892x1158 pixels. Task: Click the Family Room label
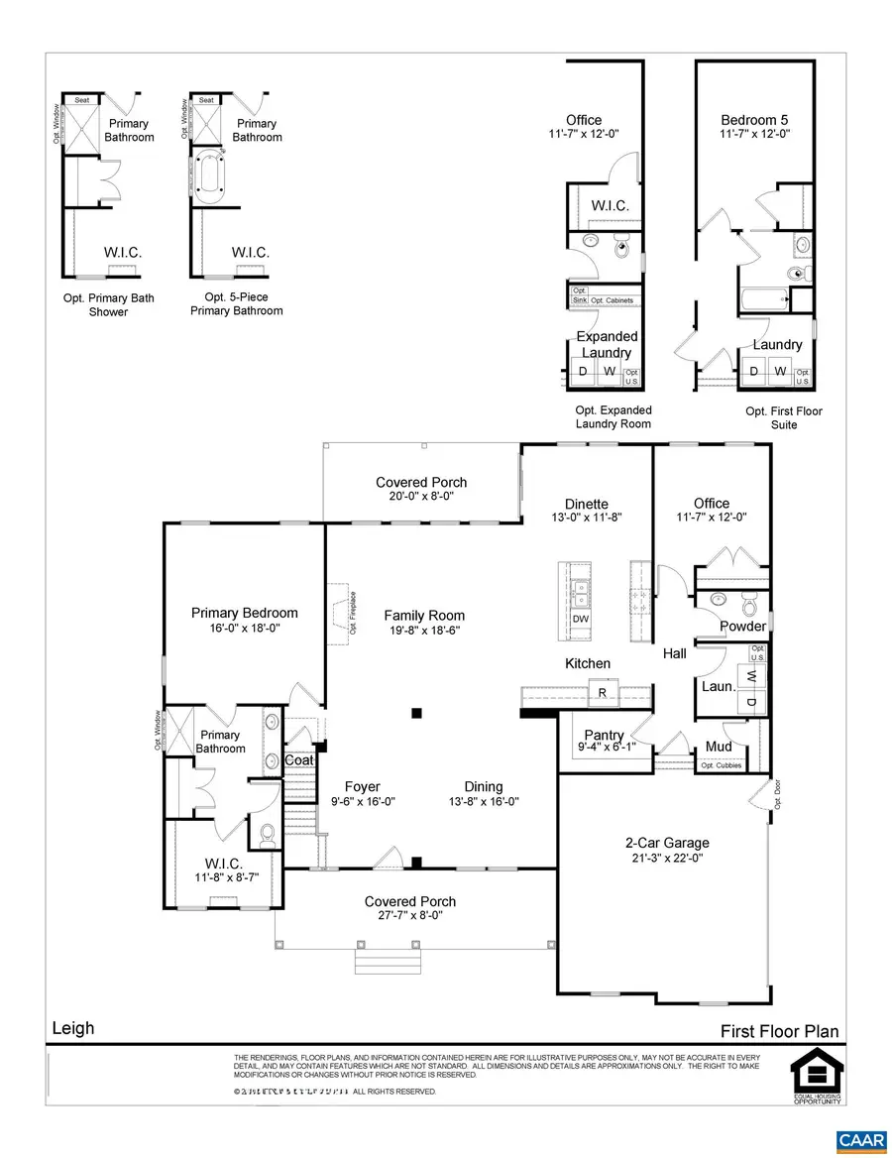coord(424,615)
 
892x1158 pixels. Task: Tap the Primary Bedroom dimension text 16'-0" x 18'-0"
coord(244,629)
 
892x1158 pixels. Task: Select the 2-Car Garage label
coord(667,843)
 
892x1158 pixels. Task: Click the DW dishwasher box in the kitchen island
coord(581,619)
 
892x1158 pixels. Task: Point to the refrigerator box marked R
coord(601,693)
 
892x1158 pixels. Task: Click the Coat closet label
coord(299,759)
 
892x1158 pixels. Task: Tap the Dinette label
coord(587,503)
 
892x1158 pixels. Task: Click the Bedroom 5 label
coord(754,120)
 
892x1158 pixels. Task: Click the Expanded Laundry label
coord(607,345)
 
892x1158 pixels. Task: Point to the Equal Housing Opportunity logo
coord(816,1079)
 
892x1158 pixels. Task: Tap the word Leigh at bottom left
coord(72,1027)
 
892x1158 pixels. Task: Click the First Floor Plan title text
coord(779,1031)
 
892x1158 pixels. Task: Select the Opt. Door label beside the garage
coord(778,796)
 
